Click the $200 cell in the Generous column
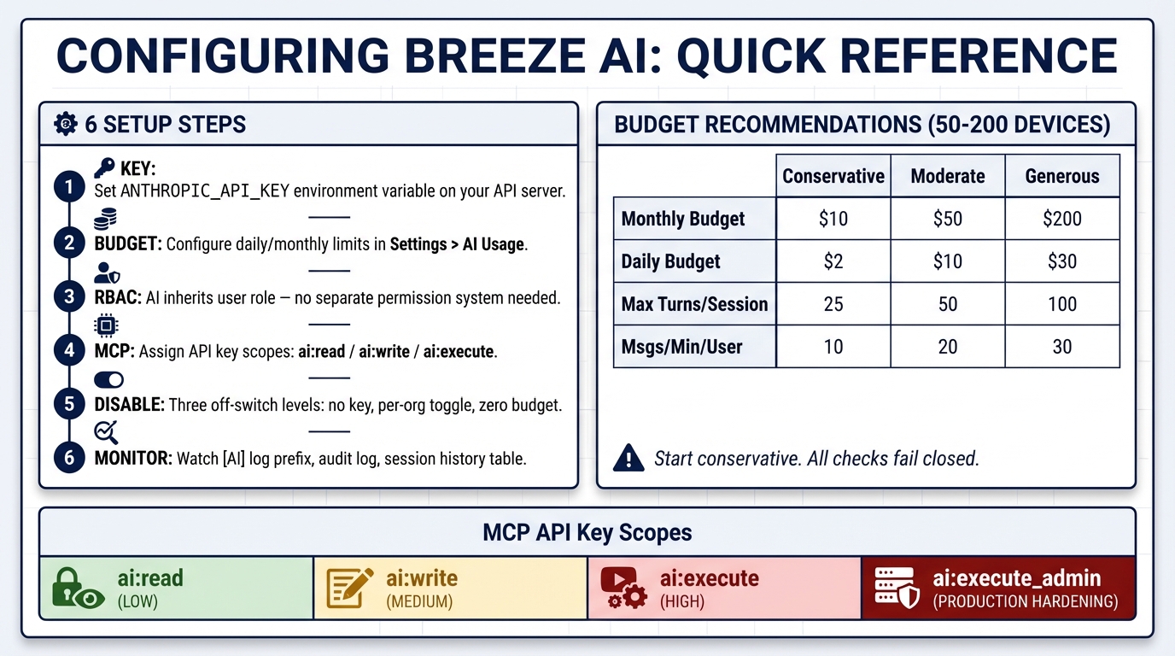tap(1061, 219)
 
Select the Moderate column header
tap(947, 176)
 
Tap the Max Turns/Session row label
tap(694, 304)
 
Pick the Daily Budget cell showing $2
tap(833, 261)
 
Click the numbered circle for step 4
tap(69, 350)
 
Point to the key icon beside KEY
tap(104, 168)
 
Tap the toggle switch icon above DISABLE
tap(108, 380)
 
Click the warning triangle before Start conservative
tap(628, 458)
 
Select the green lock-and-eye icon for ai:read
tap(77, 589)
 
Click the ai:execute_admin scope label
tap(1016, 578)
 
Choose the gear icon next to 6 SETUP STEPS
tap(65, 125)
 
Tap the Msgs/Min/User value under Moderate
tap(947, 347)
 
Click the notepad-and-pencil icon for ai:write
tap(350, 589)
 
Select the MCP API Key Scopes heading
tap(587, 533)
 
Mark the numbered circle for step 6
tap(69, 458)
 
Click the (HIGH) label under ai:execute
tap(682, 601)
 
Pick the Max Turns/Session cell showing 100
tap(1061, 304)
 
